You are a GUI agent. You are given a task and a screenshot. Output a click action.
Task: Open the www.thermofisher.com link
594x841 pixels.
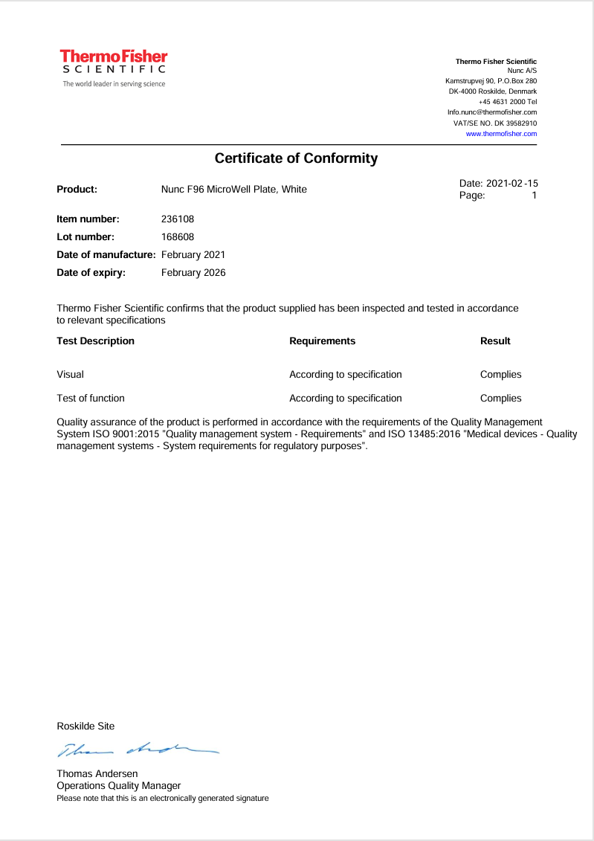501,134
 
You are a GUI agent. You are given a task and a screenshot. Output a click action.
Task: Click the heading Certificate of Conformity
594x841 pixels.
296,158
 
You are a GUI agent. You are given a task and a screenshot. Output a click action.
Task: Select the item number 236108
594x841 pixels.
178,219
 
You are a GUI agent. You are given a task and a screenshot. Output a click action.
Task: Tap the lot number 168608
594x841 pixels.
178,237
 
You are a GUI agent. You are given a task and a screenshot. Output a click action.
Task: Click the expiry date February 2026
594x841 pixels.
193,273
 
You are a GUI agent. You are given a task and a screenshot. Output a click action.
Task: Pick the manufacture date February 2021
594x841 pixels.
193,255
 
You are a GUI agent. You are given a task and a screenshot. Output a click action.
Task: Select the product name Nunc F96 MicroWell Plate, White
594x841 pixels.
233,190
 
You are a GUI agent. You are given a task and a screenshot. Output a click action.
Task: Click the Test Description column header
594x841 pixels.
95,341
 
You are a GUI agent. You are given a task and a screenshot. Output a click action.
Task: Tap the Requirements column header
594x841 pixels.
322,341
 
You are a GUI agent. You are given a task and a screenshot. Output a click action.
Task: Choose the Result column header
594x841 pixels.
495,341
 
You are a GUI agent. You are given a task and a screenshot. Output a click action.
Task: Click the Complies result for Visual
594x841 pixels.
500,375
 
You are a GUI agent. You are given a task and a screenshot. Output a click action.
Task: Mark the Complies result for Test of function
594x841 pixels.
500,399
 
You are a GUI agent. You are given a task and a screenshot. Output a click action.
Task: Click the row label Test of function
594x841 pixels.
91,399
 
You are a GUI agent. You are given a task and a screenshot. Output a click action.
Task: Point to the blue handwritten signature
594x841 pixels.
138,750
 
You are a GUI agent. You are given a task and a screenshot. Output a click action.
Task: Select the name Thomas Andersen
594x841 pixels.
97,774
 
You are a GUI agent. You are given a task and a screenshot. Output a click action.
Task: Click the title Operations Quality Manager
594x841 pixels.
118,786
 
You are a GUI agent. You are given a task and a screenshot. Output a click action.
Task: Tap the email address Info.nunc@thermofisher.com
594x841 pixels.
491,112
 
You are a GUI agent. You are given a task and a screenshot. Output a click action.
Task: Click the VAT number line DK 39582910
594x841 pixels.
495,123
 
